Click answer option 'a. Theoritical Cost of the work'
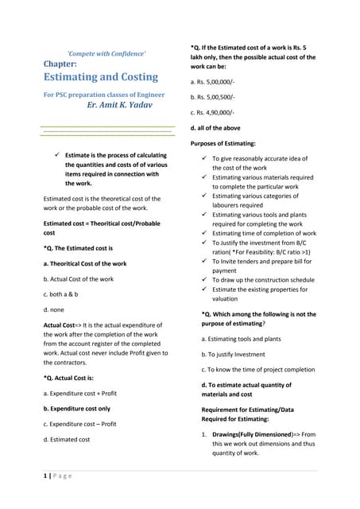point(84,263)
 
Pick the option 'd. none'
point(53,309)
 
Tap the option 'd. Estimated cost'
point(66,439)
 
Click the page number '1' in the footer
point(45,475)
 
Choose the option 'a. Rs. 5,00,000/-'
point(212,82)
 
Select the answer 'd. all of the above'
point(218,127)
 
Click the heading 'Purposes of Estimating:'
point(223,143)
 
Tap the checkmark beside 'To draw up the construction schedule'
point(203,280)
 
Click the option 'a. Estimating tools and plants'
point(234,339)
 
